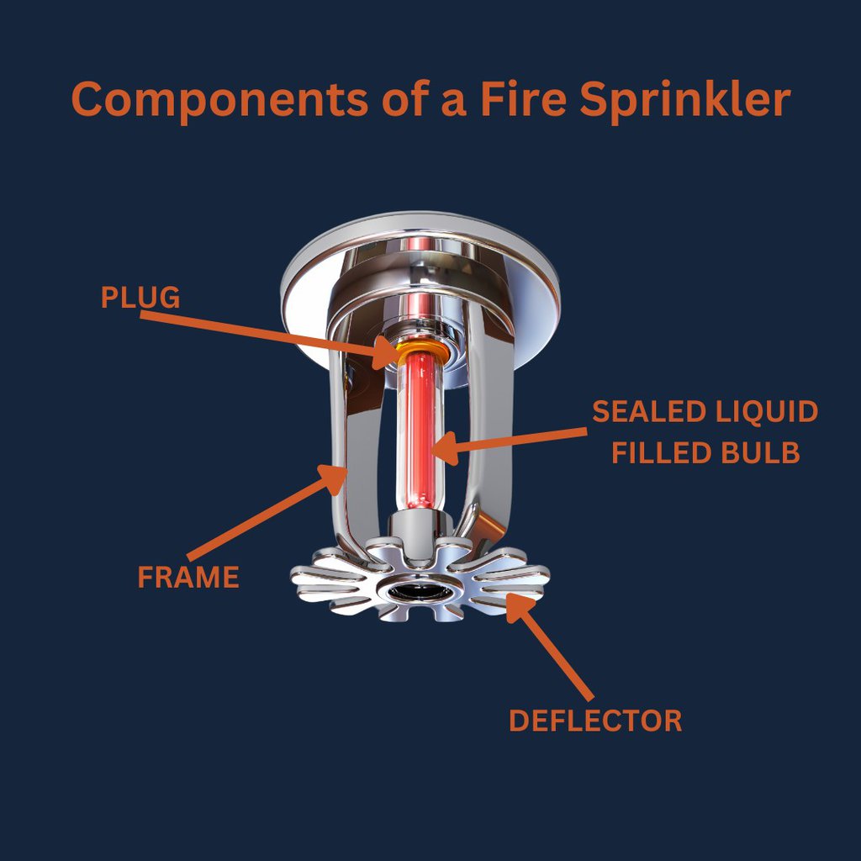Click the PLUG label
140,298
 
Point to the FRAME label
188,578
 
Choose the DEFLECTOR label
595,721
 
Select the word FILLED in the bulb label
661,452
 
